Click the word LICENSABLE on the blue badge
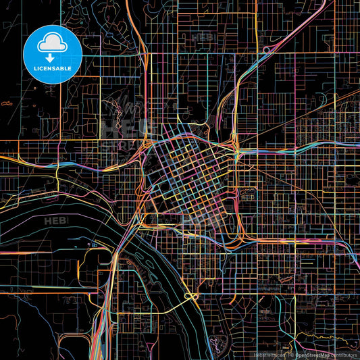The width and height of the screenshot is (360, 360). coord(52,68)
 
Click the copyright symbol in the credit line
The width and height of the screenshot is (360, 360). coord(292,354)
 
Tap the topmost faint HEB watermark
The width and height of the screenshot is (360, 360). coord(203,37)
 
